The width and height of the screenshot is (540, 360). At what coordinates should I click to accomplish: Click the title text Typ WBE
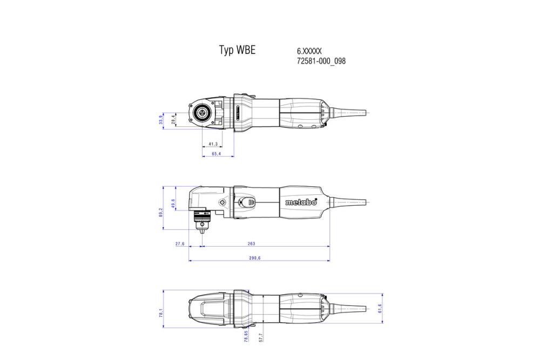(237, 50)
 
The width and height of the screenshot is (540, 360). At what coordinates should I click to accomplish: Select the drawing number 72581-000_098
(321, 61)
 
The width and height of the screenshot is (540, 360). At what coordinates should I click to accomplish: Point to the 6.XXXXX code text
(309, 51)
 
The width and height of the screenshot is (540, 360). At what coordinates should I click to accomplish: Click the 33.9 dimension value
(161, 120)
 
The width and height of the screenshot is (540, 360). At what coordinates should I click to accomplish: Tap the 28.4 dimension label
(173, 119)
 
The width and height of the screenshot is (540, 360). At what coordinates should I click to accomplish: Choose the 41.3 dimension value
(213, 144)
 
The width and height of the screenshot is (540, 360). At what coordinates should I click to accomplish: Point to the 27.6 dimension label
(180, 244)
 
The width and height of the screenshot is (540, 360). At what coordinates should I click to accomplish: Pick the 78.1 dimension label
(161, 313)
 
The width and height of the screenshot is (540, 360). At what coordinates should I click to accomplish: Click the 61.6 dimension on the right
(380, 308)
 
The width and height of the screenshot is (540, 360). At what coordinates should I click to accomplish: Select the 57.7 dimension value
(261, 338)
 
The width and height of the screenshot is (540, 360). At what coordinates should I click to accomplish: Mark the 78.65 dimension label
(246, 337)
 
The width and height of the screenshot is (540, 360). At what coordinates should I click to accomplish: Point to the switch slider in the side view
(248, 202)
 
